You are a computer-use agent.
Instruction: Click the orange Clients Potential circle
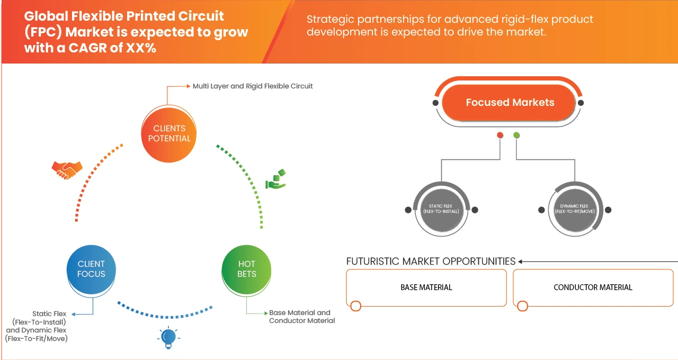169,133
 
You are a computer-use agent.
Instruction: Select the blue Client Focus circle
91,269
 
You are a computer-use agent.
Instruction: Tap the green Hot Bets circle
246,269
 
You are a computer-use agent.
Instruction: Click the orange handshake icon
67,169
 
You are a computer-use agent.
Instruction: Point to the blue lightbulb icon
168,337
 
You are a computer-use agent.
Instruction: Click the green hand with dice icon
275,179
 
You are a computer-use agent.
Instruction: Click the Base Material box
426,287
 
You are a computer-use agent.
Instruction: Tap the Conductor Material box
593,287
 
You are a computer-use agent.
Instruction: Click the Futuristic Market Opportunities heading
431,262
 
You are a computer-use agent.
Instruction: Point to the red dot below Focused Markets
499,136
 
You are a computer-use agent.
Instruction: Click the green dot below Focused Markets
516,136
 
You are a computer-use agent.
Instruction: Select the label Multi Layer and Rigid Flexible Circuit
253,86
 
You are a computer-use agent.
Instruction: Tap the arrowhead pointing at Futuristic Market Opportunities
521,262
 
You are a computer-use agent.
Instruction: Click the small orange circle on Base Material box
356,306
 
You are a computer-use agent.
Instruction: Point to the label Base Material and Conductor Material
301,317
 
